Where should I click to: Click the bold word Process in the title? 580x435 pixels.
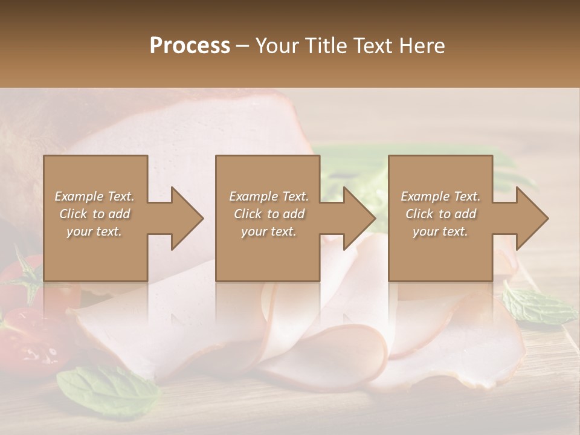pyautogui.click(x=190, y=46)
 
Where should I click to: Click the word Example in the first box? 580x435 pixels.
pyautogui.click(x=79, y=196)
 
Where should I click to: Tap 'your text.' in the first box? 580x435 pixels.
pyautogui.click(x=94, y=231)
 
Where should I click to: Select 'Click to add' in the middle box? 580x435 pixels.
pyautogui.click(x=269, y=214)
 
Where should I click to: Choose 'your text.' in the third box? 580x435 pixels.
pyautogui.click(x=440, y=231)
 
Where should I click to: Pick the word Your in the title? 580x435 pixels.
pyautogui.click(x=277, y=46)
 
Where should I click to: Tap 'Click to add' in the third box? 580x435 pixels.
pyautogui.click(x=440, y=214)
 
